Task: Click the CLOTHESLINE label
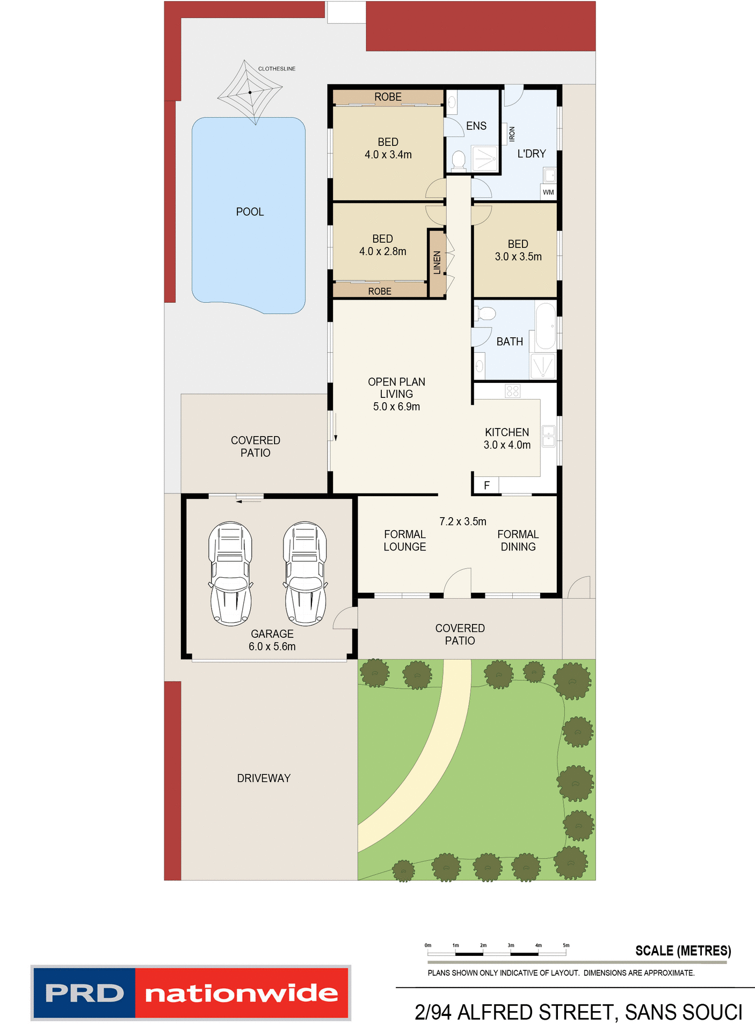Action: (277, 69)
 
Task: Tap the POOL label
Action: (250, 212)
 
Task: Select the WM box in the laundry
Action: (548, 192)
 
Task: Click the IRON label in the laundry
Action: (512, 134)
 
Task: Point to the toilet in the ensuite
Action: (459, 161)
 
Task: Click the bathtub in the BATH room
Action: (546, 326)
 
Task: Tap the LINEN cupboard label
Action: (437, 263)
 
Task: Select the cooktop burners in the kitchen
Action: (512, 391)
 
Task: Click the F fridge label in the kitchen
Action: (487, 485)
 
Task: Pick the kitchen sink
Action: (548, 435)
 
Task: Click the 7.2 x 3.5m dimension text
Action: (462, 521)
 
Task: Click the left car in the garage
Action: (230, 573)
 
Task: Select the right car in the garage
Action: (305, 573)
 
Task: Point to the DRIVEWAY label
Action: (264, 778)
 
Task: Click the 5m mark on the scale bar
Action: (566, 945)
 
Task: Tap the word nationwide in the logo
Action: (242, 993)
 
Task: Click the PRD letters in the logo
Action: (84, 993)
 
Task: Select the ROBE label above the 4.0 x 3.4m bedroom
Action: (388, 97)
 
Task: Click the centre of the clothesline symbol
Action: (250, 92)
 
